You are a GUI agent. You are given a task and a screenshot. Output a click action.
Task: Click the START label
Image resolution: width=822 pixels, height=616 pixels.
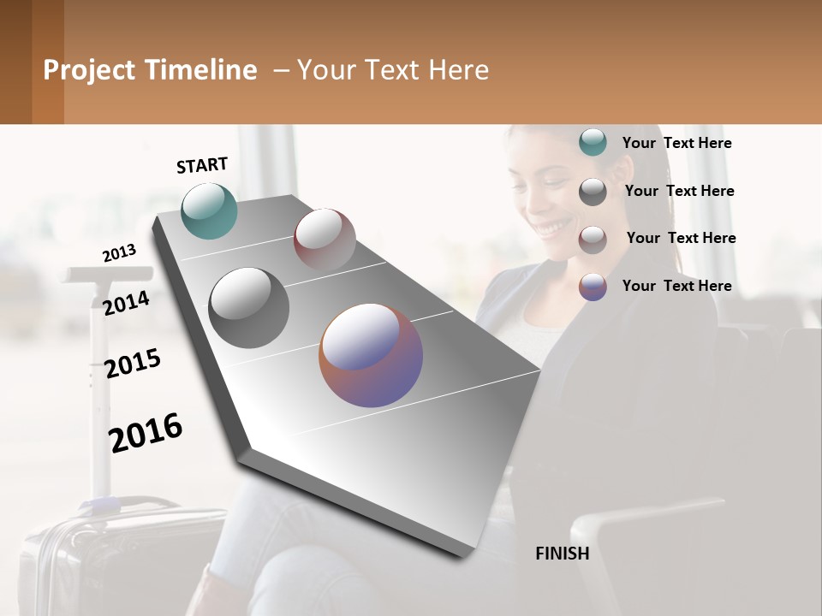tap(202, 165)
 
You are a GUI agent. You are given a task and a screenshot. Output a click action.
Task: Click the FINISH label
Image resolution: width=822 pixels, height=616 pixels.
tap(562, 554)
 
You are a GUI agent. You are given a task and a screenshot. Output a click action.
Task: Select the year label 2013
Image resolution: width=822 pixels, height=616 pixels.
tap(119, 253)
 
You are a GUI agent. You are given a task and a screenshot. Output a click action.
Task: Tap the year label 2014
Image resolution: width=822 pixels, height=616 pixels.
tap(126, 303)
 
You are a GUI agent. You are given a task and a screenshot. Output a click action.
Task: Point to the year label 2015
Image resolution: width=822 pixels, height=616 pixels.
tap(133, 364)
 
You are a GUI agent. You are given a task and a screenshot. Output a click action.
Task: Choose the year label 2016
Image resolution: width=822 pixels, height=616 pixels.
tap(146, 432)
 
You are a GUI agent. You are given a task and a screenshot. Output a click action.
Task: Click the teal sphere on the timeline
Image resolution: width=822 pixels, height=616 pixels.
tap(209, 210)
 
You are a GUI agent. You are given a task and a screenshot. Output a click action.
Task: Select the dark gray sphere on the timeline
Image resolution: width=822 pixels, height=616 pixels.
tap(248, 307)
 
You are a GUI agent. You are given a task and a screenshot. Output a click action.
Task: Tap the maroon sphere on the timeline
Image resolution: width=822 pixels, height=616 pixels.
tap(325, 239)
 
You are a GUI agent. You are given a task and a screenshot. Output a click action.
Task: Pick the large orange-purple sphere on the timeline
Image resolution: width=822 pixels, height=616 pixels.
tap(371, 354)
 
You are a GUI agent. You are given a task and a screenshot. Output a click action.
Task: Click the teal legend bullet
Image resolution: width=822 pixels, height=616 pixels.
tap(593, 142)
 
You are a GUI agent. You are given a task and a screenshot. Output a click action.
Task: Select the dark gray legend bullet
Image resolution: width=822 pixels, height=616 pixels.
tap(593, 192)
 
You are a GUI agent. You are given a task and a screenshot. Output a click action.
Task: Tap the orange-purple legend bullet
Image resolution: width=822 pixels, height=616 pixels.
tap(593, 287)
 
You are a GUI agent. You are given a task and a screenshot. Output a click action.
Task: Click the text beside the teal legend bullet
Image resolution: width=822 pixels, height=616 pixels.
tap(676, 143)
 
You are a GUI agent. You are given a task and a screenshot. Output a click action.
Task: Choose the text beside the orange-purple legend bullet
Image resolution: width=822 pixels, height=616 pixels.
tap(676, 286)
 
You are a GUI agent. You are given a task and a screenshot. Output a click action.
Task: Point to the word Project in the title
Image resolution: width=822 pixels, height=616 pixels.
tap(90, 70)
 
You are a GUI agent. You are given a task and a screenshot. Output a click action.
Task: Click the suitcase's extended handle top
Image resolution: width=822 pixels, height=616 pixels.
tap(107, 275)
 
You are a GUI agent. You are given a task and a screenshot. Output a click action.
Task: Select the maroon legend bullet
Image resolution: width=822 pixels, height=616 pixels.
tap(593, 240)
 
